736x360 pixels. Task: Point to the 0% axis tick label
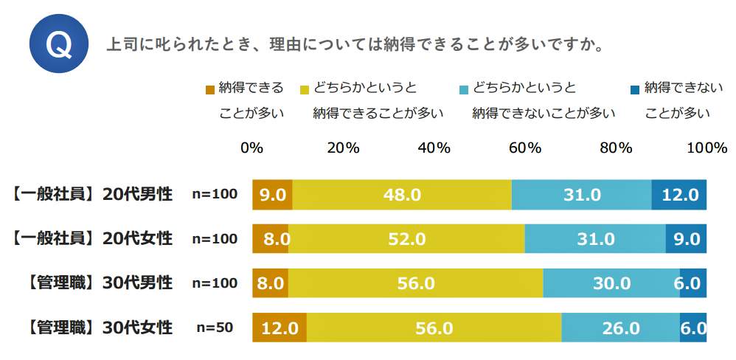(252, 147)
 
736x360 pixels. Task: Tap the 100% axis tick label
(707, 147)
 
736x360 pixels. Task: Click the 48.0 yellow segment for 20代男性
(402, 195)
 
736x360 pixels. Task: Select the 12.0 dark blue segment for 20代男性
(679, 195)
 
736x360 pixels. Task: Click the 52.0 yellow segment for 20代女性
(406, 239)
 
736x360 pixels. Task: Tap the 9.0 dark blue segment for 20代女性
(686, 239)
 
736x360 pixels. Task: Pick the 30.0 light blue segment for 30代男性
(611, 283)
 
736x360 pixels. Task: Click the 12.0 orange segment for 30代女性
(280, 328)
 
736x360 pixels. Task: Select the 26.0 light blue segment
(620, 328)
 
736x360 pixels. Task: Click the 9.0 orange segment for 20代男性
(272, 195)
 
